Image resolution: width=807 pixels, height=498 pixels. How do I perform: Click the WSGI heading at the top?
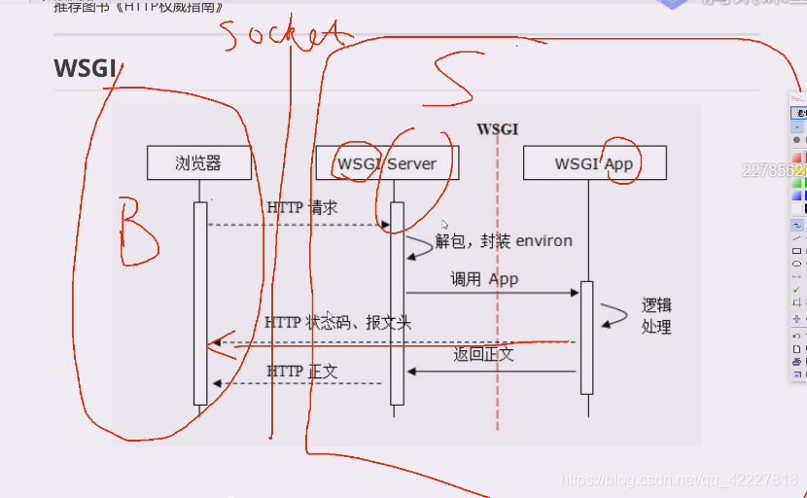pos(86,68)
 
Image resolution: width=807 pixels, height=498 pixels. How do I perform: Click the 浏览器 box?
pos(199,162)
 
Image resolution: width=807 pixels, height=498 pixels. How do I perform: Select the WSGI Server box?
pos(387,162)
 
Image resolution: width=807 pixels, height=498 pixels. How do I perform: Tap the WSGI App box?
pos(594,162)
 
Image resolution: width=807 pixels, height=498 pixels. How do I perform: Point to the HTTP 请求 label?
pos(302,207)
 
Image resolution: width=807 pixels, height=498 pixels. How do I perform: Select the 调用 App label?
pos(484,278)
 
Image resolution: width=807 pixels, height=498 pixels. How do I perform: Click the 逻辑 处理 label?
pos(656,316)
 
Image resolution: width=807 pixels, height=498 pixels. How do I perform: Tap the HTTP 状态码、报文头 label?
pos(338,322)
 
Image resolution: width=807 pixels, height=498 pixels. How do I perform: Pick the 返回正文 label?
pos(483,354)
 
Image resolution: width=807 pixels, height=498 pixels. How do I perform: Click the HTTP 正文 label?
pos(302,371)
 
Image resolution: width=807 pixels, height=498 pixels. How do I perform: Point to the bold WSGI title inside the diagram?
pos(497,128)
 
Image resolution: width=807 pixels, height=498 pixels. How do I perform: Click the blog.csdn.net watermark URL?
pos(681,480)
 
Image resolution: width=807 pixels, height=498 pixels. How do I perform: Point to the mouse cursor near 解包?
pos(444,225)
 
